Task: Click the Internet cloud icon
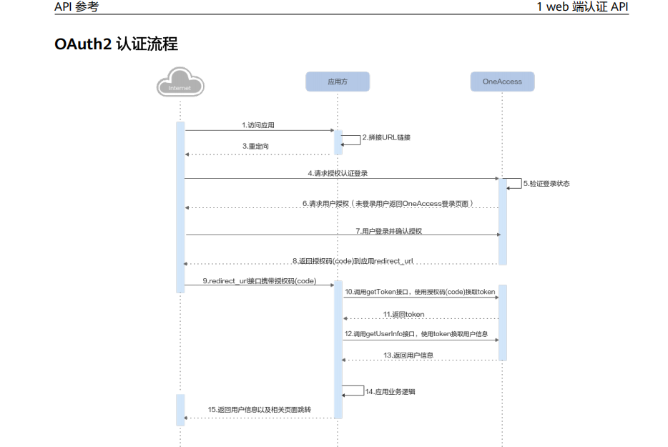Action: click(180, 82)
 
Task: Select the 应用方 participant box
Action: click(338, 82)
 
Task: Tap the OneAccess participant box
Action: click(502, 82)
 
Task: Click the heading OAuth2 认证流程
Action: click(116, 44)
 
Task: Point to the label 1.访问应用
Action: click(258, 125)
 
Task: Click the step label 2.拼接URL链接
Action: click(386, 137)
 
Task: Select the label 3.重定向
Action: click(255, 146)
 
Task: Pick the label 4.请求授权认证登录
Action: click(338, 173)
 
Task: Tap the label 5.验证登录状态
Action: click(546, 184)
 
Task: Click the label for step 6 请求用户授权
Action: click(388, 203)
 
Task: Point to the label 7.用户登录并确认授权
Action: click(389, 231)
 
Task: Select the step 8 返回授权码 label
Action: click(353, 260)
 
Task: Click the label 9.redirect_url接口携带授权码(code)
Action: click(259, 280)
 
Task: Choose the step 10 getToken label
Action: click(420, 292)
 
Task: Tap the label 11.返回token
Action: click(403, 314)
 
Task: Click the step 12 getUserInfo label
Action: click(416, 334)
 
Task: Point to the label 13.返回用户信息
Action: click(408, 355)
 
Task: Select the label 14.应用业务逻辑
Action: click(391, 392)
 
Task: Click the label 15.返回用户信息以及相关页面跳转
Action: click(260, 410)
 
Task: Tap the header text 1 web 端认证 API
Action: click(582, 6)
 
